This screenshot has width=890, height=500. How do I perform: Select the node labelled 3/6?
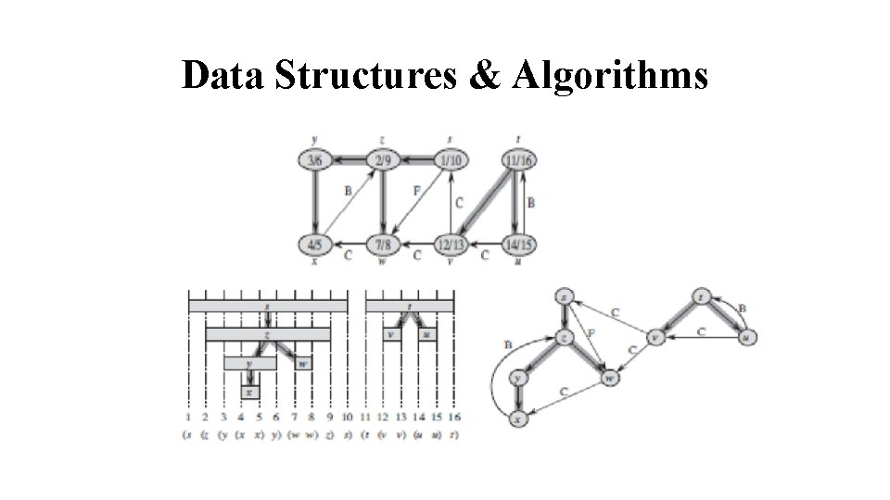click(315, 160)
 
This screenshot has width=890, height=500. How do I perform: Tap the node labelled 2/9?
click(382, 160)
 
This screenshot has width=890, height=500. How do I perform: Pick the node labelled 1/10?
click(451, 160)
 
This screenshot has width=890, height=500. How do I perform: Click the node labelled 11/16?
click(519, 160)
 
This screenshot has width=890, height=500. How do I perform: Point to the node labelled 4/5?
click(315, 244)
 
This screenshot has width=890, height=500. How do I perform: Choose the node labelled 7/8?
click(382, 244)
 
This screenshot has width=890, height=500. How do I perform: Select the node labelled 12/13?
click(451, 244)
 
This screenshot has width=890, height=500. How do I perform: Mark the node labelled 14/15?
click(519, 244)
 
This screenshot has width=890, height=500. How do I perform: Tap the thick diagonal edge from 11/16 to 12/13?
click(485, 202)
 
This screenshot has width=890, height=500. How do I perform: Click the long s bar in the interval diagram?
click(267, 305)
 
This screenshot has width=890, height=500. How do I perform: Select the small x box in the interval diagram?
click(249, 393)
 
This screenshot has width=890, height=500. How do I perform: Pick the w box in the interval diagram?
click(302, 364)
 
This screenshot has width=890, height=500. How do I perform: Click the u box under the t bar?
click(426, 333)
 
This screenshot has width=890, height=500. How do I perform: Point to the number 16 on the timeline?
click(453, 419)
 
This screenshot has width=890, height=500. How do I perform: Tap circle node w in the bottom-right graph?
click(609, 378)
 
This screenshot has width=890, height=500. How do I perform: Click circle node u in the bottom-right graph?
click(747, 338)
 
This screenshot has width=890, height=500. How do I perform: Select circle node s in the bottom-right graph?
click(566, 297)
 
